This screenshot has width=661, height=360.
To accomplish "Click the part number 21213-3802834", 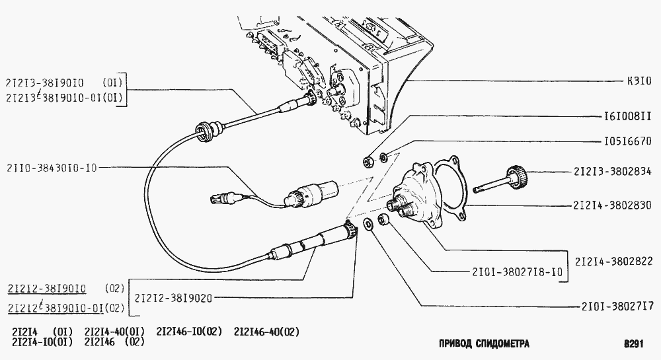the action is [x=612, y=171].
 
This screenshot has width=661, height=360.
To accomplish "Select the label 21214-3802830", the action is [x=612, y=205].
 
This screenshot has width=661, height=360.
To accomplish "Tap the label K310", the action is [x=639, y=81].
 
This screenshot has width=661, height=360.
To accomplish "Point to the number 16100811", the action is [x=628, y=116].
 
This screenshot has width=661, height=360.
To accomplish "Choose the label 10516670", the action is [x=628, y=141].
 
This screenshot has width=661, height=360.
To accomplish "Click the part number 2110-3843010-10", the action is [x=52, y=168].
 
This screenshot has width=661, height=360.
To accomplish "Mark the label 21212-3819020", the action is [x=173, y=298].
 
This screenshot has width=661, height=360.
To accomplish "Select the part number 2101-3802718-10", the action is [x=518, y=272].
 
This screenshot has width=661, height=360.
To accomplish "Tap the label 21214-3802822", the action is [x=614, y=261].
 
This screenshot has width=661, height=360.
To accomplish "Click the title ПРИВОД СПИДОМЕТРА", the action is [x=484, y=343].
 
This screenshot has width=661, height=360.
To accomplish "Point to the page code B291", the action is [x=634, y=343].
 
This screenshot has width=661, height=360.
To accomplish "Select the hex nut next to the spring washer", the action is [x=368, y=161].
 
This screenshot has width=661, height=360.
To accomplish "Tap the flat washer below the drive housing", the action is [x=367, y=225].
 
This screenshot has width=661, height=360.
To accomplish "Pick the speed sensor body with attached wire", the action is [x=312, y=193].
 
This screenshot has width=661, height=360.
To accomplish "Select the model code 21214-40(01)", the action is [x=114, y=332].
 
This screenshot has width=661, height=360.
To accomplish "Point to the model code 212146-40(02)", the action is [x=266, y=332].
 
